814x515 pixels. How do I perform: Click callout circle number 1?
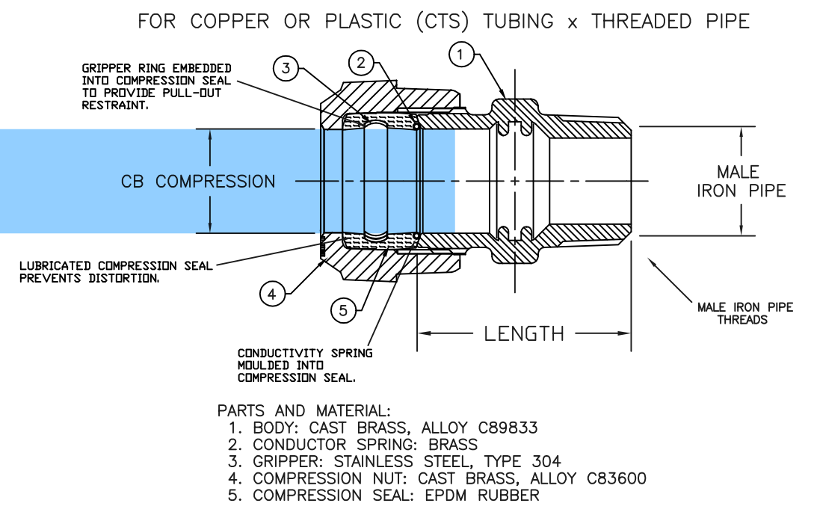[461, 54]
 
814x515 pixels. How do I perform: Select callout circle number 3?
[285, 69]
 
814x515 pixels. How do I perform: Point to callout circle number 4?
[272, 294]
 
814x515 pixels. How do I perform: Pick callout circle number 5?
[343, 310]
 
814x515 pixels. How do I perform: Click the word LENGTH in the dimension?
[523, 333]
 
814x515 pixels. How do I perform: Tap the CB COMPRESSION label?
[198, 182]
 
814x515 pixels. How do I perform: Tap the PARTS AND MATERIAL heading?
[303, 411]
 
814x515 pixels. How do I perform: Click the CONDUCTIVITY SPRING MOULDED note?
[304, 366]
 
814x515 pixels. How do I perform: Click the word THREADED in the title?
[641, 22]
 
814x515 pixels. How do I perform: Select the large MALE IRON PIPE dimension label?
[741, 182]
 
